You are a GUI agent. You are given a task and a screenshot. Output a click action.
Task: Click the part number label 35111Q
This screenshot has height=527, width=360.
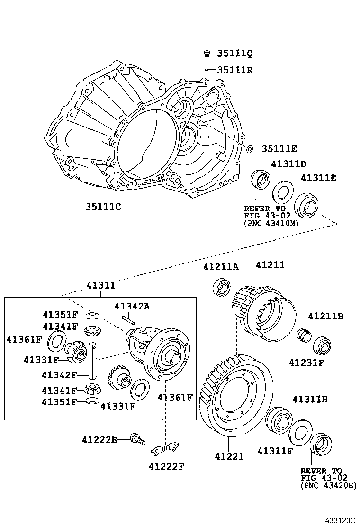tap(235, 53)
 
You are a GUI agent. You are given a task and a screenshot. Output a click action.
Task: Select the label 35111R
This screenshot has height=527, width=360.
tap(235, 70)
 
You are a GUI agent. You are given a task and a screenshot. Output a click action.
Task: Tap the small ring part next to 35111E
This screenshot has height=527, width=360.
tap(250, 149)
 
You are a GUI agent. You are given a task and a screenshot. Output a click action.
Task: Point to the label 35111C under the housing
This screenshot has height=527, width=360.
tap(104, 207)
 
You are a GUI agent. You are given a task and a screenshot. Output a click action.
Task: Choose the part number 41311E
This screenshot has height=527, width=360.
tap(318, 178)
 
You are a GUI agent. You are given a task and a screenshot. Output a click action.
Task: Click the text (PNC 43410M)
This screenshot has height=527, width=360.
tap(271, 223)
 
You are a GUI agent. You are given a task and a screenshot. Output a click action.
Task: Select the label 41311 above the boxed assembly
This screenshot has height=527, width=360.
tap(100, 285)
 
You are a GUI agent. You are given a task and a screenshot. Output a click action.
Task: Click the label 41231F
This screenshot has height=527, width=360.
tap(306, 363)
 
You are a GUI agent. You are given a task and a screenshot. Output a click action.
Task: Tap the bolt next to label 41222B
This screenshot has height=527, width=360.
tap(136, 439)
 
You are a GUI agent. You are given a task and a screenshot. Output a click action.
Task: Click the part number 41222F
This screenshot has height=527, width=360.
tap(166, 466)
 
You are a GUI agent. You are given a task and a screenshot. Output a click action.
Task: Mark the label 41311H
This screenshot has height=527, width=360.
tap(310, 400)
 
